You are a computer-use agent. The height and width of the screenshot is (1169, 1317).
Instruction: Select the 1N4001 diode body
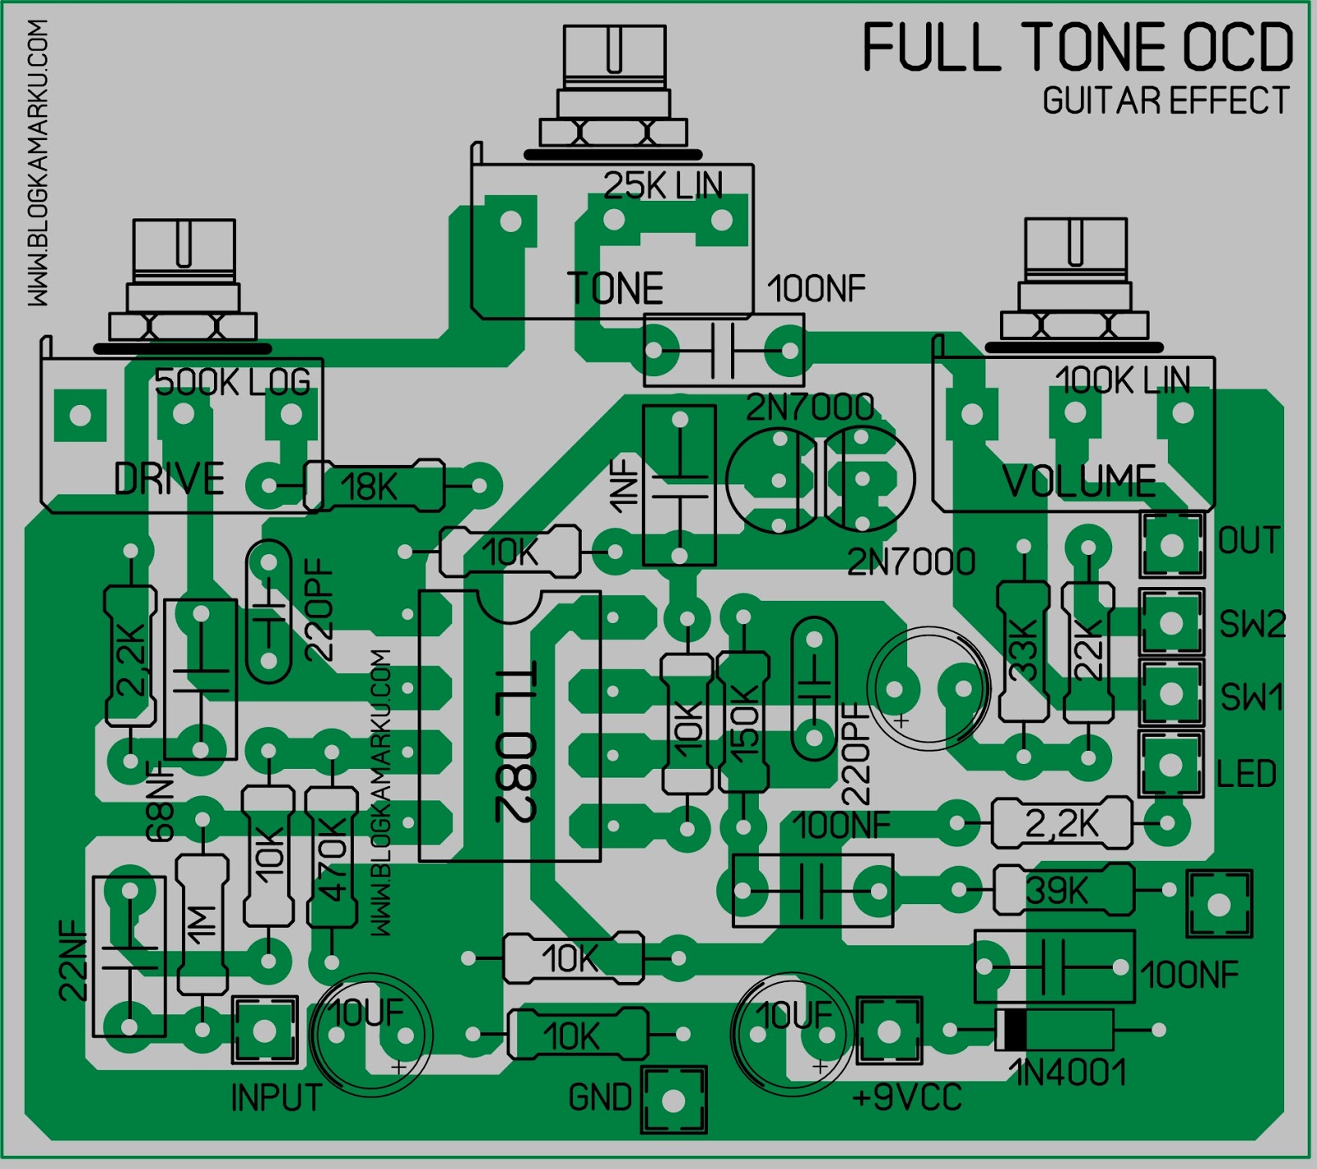[x=1054, y=1030]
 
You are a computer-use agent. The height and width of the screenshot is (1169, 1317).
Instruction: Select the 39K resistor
[x=1062, y=889]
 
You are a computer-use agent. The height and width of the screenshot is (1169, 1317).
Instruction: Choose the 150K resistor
[x=743, y=722]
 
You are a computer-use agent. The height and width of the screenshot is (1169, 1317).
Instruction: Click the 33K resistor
[x=1023, y=650]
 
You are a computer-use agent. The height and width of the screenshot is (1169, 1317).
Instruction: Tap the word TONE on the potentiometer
[x=615, y=289]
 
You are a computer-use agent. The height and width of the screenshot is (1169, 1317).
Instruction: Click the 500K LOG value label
[x=233, y=382]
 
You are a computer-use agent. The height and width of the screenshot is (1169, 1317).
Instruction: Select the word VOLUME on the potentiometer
[x=1079, y=481]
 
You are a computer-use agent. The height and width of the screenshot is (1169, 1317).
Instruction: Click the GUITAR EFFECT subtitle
[x=1165, y=100]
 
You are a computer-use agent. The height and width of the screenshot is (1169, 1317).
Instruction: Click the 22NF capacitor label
[x=73, y=960]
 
